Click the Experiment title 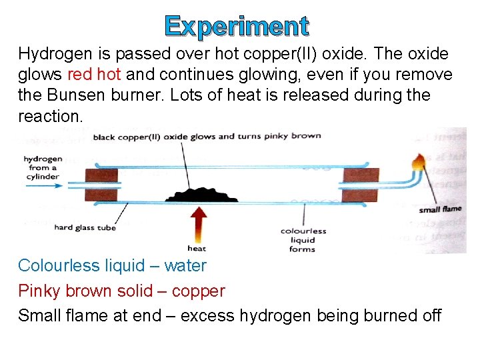(x=237, y=26)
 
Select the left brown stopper (x=101, y=183)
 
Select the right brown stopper (x=361, y=184)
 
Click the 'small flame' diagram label (x=439, y=210)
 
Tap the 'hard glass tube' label (x=85, y=227)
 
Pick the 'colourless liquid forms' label (x=303, y=240)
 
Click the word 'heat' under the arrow (x=197, y=249)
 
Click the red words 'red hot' (x=94, y=74)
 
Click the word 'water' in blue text (x=185, y=266)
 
